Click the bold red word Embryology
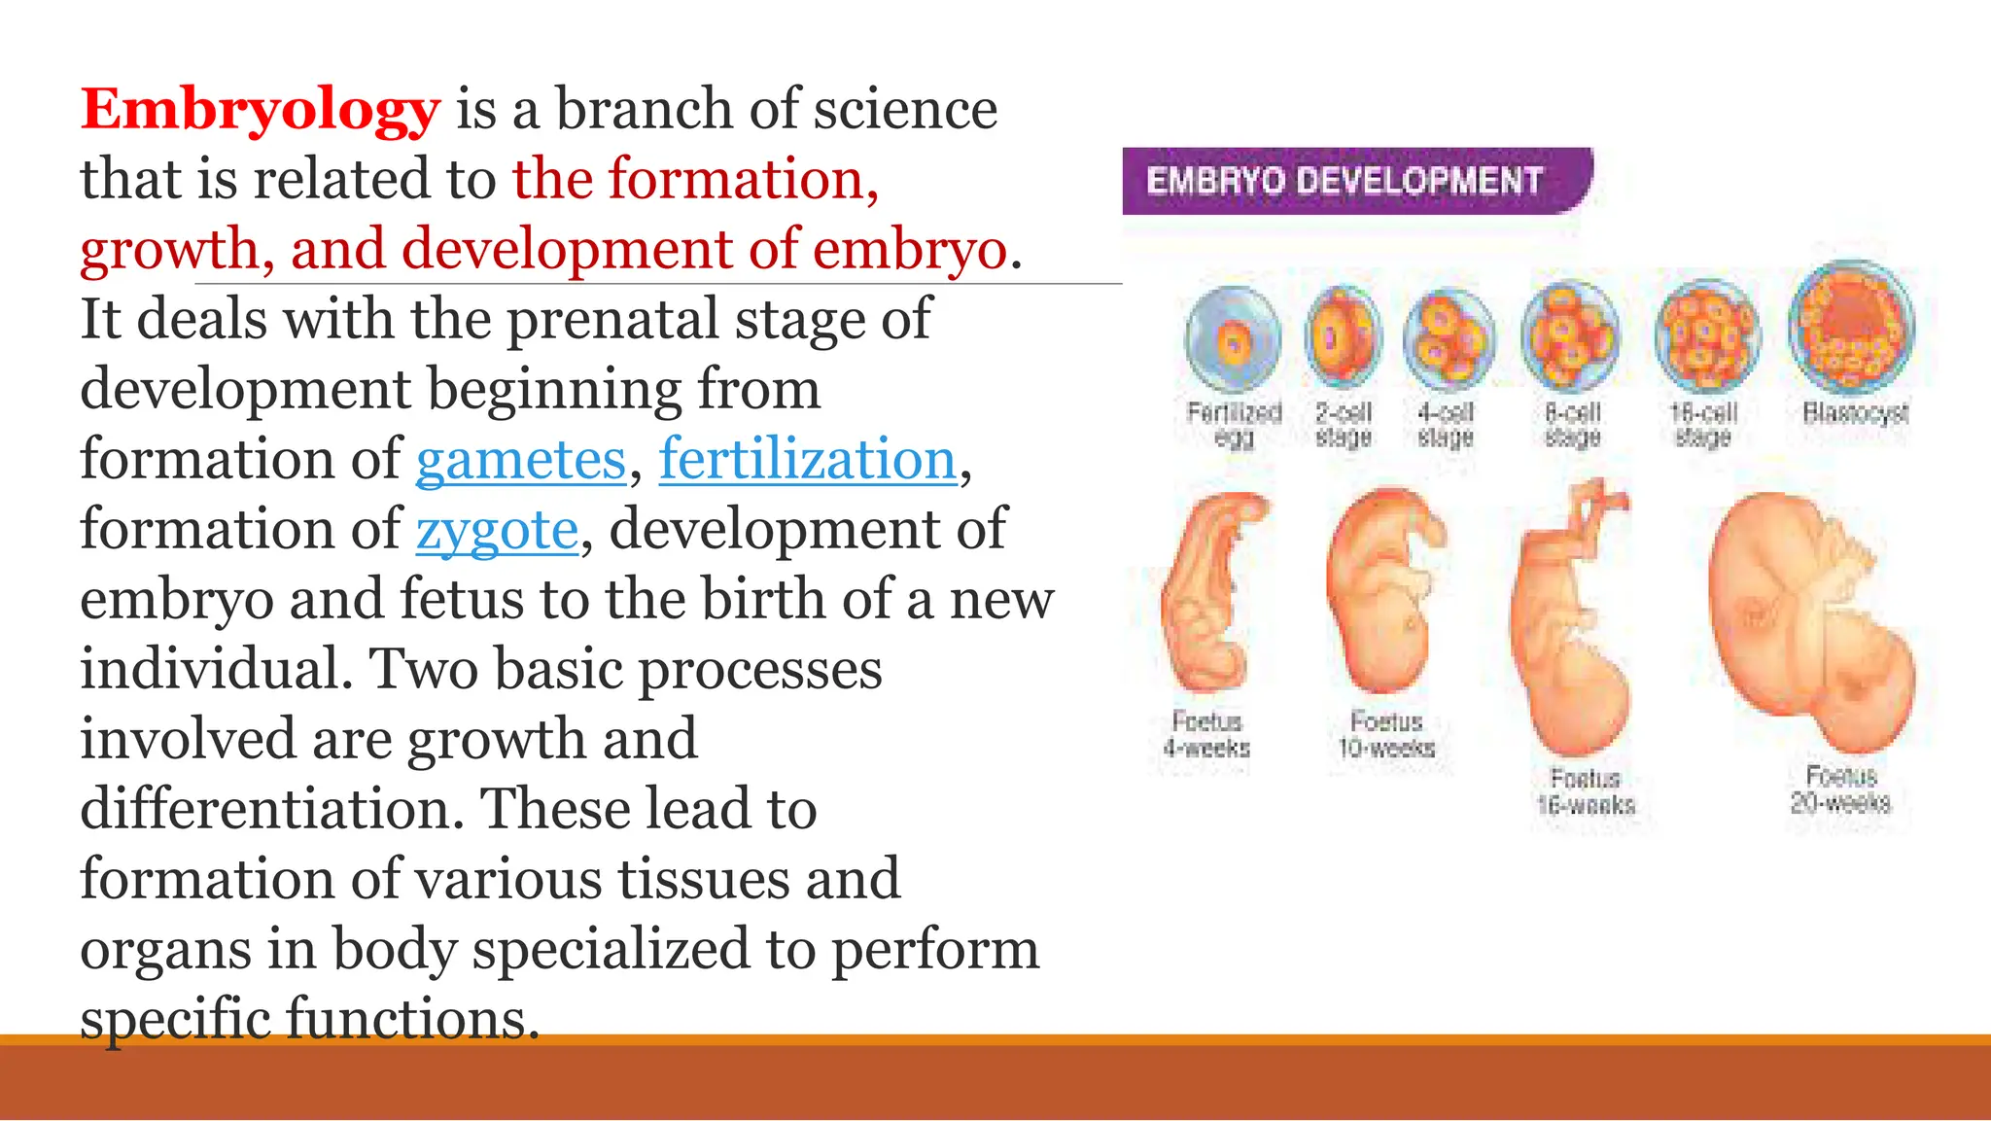coord(260,110)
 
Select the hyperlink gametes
coord(520,460)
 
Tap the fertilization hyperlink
coord(807,460)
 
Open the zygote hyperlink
coord(497,530)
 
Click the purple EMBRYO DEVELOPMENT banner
coord(1355,181)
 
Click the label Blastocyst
coord(1855,413)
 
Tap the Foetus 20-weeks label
coord(1840,789)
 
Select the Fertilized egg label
coord(1234,425)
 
